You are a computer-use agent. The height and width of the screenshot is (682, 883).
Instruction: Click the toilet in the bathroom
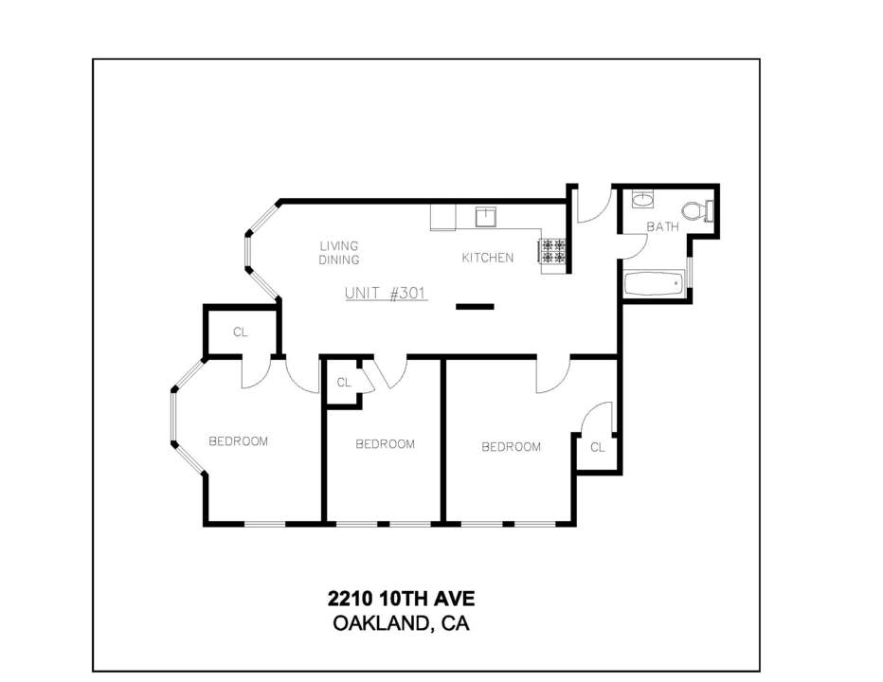tap(697, 211)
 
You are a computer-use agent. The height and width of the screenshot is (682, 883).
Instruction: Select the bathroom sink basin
tap(642, 200)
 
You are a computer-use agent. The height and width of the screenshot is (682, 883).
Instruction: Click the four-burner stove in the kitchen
tap(551, 251)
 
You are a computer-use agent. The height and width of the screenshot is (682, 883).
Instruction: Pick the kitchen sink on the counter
tap(485, 217)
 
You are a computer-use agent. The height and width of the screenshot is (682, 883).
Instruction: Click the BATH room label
tap(663, 227)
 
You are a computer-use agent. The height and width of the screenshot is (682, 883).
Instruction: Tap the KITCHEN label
tap(488, 258)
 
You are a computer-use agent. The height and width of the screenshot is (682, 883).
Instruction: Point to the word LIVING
tap(339, 246)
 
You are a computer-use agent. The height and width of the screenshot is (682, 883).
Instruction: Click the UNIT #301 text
tap(386, 294)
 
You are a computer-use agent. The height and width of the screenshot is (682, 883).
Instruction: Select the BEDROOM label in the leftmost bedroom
tap(238, 441)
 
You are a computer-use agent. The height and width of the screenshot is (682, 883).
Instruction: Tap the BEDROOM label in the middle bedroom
tap(386, 444)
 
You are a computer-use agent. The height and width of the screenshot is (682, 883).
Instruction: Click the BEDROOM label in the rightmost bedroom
tap(512, 446)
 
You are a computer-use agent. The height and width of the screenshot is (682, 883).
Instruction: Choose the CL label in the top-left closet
tap(241, 332)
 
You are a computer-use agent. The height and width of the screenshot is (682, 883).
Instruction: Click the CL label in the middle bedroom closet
tap(344, 383)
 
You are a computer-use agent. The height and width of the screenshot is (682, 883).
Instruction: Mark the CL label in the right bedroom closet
tap(598, 447)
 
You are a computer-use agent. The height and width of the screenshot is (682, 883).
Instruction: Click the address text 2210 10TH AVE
tap(401, 598)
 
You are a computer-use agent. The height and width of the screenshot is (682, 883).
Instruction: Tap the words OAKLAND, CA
tap(401, 623)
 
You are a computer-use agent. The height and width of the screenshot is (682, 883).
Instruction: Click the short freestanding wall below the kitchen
tap(475, 307)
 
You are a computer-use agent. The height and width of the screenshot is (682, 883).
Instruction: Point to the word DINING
tap(339, 260)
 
